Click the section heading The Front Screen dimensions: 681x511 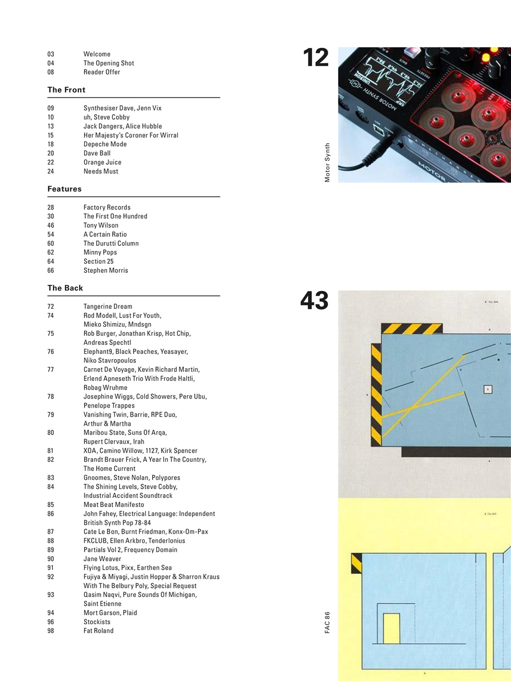(66, 90)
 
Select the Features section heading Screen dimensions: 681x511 (64, 189)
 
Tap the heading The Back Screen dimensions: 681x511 (65, 288)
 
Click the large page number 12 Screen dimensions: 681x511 (316, 57)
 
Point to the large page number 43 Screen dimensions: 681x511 (314, 301)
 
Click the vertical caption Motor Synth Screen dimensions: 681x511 (327, 163)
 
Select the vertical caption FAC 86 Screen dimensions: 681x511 (327, 622)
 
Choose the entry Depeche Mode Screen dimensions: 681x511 (105, 144)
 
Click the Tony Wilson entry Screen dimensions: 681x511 (101, 225)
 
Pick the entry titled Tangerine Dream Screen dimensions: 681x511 (108, 306)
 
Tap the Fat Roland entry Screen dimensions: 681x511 (98, 630)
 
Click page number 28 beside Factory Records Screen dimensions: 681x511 (51, 207)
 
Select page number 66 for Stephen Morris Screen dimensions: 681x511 (51, 270)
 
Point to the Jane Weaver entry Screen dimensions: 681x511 (102, 559)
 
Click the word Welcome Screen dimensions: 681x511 (97, 54)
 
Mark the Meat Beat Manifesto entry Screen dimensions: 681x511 (113, 504)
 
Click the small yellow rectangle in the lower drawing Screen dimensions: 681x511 (391, 628)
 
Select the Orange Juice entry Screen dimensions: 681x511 (102, 162)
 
